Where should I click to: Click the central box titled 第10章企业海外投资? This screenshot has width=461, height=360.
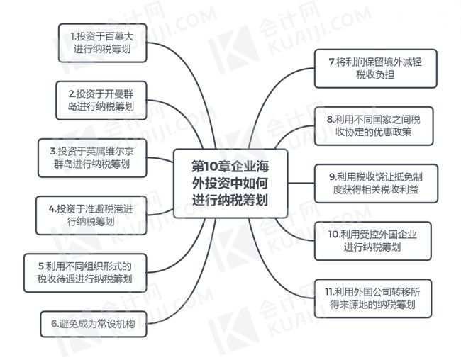[x=230, y=184]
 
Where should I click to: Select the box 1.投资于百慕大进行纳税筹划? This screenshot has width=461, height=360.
[x=103, y=43]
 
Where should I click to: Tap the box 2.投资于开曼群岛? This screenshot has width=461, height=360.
[x=101, y=101]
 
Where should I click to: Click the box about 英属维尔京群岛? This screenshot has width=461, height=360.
[x=92, y=158]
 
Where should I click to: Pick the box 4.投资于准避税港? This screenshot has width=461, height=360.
[x=91, y=215]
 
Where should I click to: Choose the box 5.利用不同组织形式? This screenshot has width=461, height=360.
[x=85, y=273]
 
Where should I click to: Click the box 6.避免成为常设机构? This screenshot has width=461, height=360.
[x=94, y=324]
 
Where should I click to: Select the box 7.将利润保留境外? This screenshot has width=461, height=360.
[x=376, y=69]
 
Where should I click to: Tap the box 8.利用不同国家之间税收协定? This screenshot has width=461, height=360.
[x=374, y=126]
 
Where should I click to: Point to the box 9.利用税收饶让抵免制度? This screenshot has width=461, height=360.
[x=376, y=184]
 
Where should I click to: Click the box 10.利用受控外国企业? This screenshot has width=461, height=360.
[x=373, y=241]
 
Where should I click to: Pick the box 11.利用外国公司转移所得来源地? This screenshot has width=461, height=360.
[x=373, y=298]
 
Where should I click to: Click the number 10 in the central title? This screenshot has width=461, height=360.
[x=211, y=167]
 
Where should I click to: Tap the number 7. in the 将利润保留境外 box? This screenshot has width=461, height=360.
[x=332, y=62]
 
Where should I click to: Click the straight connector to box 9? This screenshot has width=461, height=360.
[x=301, y=183]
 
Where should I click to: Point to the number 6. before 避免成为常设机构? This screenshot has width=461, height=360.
[x=55, y=324]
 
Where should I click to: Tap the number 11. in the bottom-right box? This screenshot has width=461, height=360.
[x=329, y=292]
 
